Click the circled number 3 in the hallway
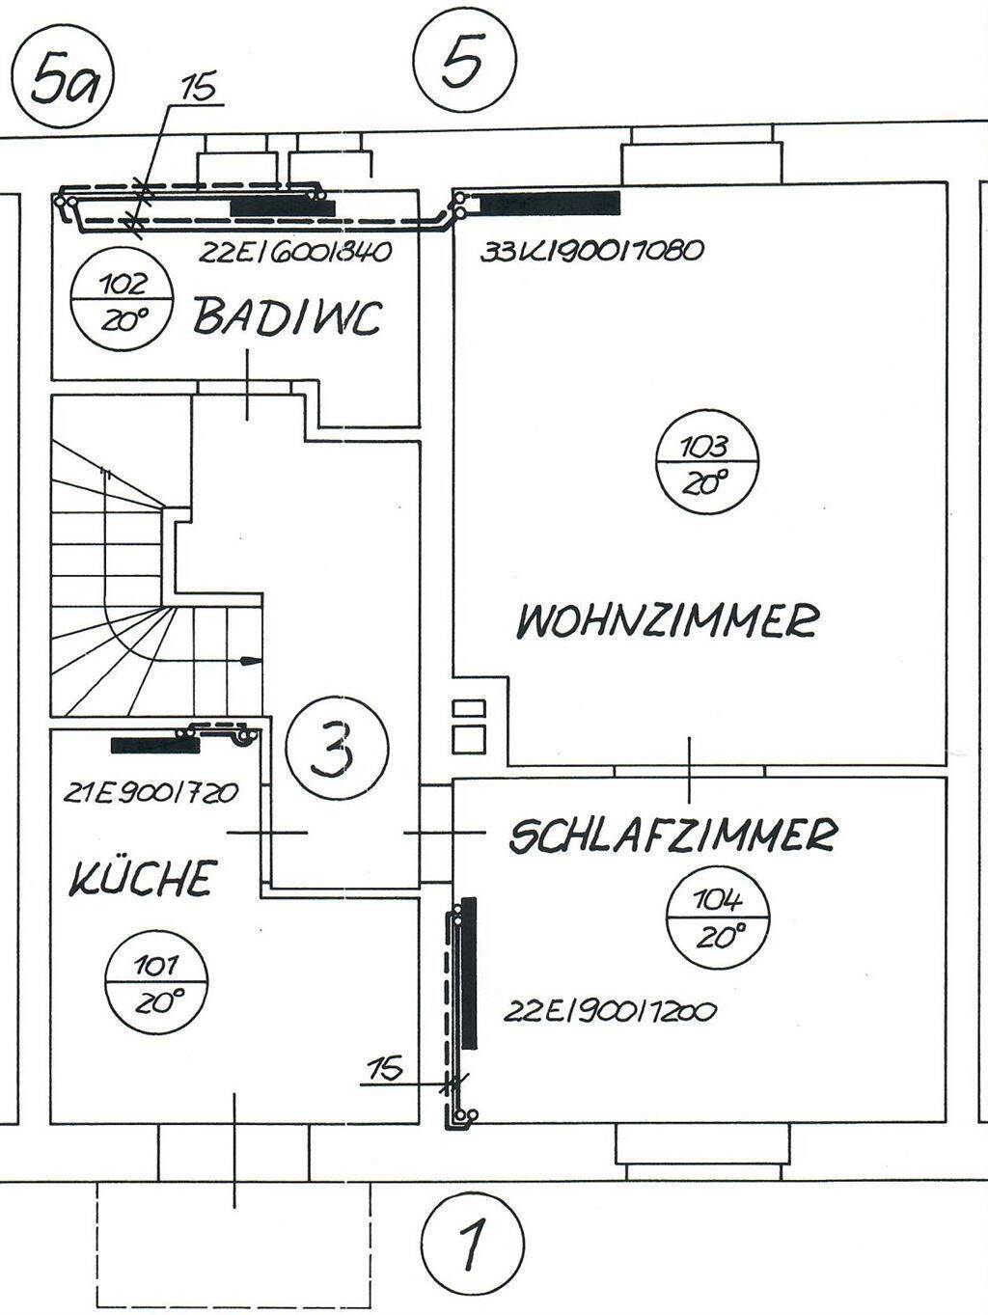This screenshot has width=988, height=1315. point(337,749)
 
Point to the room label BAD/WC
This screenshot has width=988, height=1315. point(288,317)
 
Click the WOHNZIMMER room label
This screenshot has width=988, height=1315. point(666,619)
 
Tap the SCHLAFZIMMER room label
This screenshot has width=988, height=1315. point(672,836)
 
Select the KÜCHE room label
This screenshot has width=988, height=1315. point(141,878)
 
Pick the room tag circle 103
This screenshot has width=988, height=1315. point(704,463)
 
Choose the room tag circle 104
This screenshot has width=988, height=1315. point(718,918)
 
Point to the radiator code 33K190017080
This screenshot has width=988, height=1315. point(591,250)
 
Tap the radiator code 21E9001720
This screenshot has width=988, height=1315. point(151,793)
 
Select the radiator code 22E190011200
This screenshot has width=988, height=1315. point(609,1012)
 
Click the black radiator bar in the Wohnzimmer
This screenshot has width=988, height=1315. point(549,204)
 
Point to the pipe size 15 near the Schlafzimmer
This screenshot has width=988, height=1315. point(385,1068)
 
